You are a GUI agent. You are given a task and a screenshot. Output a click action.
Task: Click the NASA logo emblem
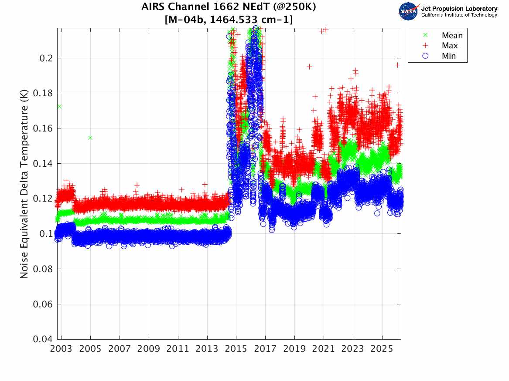409,11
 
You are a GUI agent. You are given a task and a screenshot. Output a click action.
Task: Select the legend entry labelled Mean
452,36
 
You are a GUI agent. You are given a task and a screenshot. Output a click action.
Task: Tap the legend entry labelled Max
450,46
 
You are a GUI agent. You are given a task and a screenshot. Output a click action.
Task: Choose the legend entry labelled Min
449,56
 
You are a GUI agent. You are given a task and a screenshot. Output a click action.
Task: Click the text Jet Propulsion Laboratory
459,9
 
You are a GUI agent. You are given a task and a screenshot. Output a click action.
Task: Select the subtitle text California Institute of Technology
459,15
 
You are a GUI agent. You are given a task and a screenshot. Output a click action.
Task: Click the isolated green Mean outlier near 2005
90,138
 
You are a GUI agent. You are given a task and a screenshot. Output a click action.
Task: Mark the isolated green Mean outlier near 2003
59,106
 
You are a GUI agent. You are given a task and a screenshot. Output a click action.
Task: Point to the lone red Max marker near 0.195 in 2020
309,67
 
